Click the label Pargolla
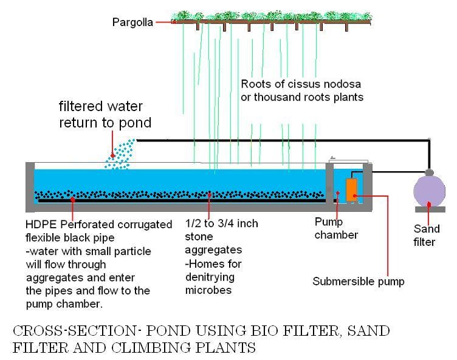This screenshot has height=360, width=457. (x=132, y=22)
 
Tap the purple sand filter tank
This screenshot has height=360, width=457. (x=429, y=191)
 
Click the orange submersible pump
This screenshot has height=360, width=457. (x=351, y=189)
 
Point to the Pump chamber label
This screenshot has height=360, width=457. (x=336, y=229)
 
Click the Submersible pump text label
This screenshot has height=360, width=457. (x=358, y=281)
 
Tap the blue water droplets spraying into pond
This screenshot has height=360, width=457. (x=122, y=155)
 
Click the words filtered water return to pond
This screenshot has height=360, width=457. (x=105, y=115)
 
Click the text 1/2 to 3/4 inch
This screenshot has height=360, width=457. (x=221, y=223)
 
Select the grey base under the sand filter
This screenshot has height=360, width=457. (x=430, y=209)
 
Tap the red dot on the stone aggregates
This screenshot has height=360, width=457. (x=209, y=195)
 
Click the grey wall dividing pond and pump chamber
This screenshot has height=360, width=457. (x=329, y=185)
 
